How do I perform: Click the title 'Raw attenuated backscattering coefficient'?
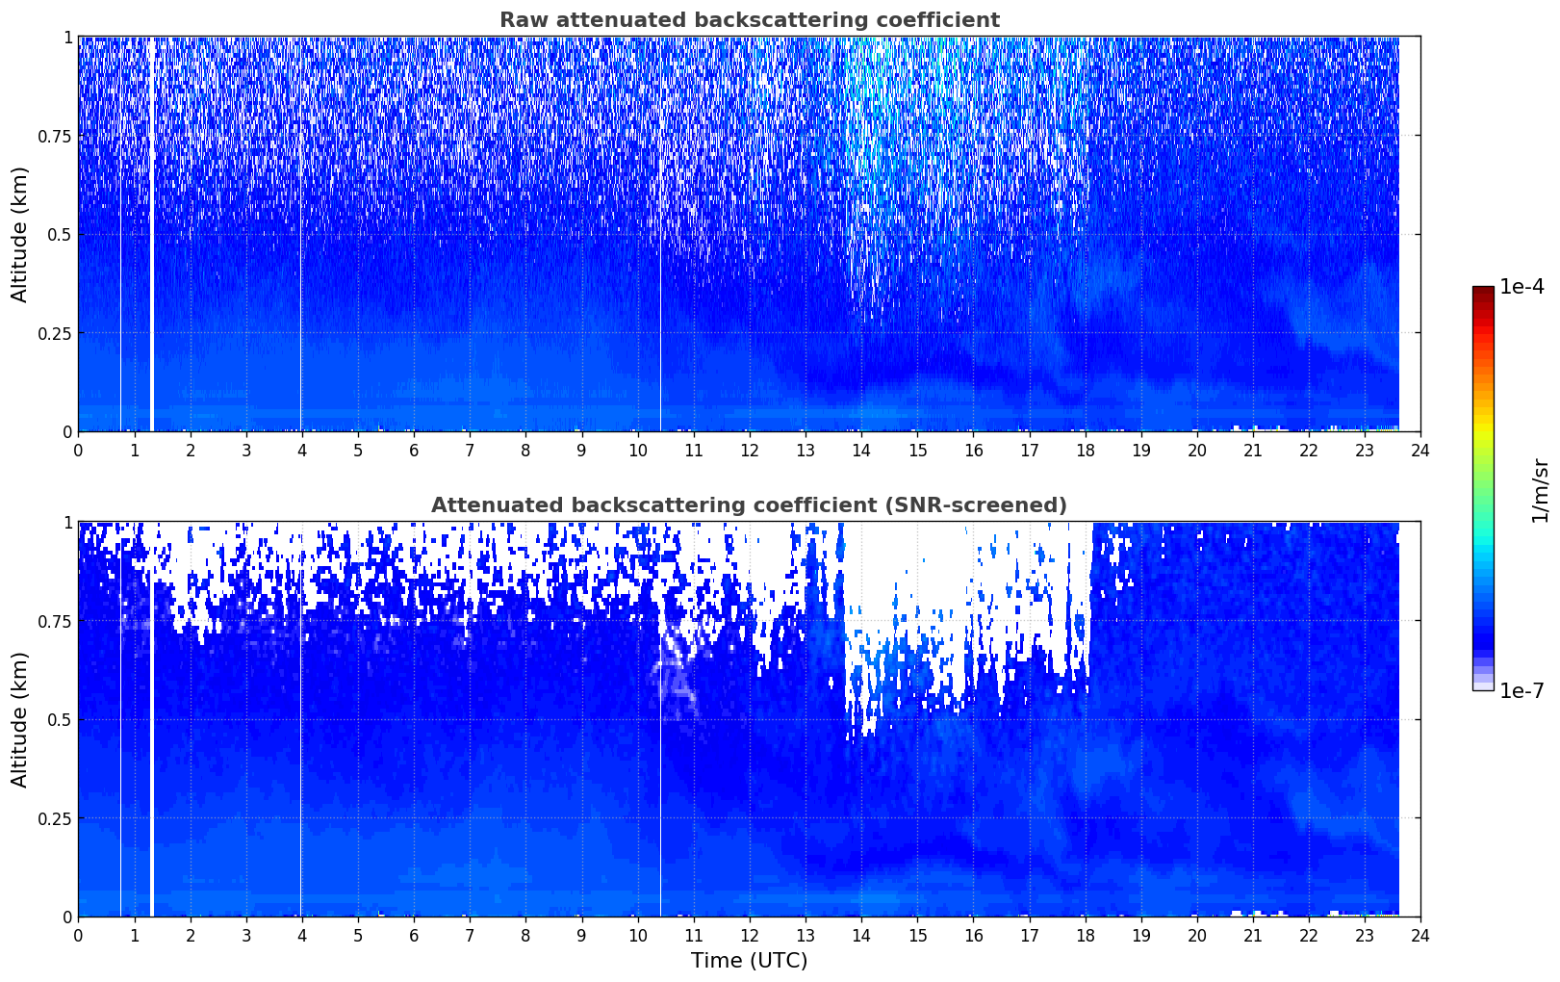tap(750, 19)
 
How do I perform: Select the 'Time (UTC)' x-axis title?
tap(750, 961)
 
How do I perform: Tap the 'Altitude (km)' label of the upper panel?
tap(19, 235)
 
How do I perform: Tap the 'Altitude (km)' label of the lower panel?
tap(19, 720)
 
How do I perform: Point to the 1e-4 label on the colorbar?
tap(1522, 286)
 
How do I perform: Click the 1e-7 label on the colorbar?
tap(1522, 691)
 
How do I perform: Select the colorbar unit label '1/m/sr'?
tap(1540, 490)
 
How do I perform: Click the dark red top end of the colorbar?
tap(1483, 291)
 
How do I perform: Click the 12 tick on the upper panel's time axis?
tap(750, 451)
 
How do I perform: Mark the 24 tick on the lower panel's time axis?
tap(1420, 936)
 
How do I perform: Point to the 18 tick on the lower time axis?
tap(1085, 936)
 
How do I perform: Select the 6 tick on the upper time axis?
tap(414, 451)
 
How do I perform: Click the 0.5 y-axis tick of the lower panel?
tap(60, 719)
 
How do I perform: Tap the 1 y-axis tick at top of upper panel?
tap(67, 38)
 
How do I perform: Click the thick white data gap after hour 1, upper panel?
tap(152, 234)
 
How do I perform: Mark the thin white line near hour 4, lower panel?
tap(301, 719)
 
